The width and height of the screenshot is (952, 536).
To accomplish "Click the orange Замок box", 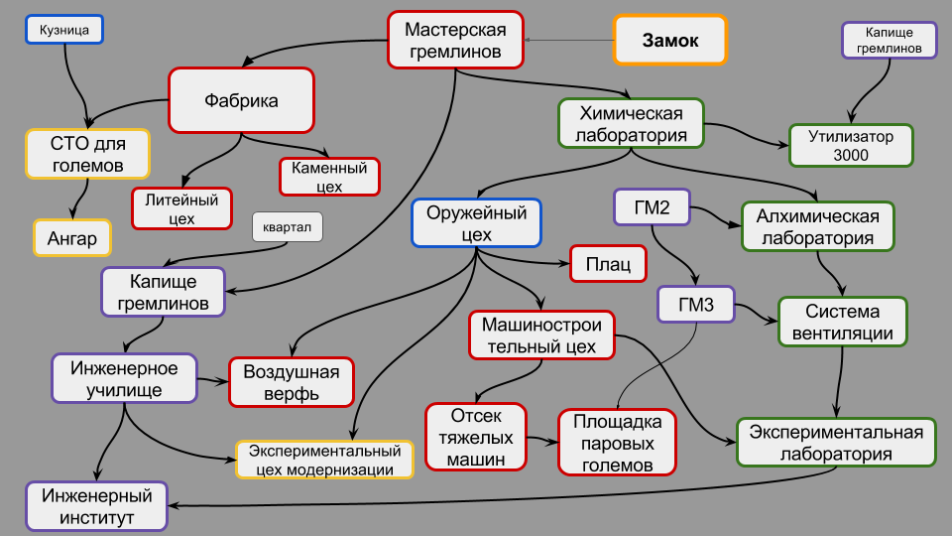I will tap(670, 40).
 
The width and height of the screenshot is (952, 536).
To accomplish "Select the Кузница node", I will tap(64, 31).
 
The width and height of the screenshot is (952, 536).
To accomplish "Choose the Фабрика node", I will tap(241, 100).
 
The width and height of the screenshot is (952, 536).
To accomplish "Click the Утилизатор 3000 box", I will tap(850, 145).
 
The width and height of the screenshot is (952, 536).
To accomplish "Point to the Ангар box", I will tap(72, 238).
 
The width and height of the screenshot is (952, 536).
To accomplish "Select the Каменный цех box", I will tap(330, 178).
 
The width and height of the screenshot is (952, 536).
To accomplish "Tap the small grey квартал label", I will tap(288, 227).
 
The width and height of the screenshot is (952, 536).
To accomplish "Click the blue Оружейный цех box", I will tap(477, 223).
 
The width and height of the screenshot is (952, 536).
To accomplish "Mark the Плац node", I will tap(608, 265).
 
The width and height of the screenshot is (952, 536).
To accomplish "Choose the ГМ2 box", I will tap(652, 208).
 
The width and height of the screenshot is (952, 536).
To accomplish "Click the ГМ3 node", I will tap(695, 305).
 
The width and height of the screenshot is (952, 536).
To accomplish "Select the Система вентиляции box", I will tap(843, 322).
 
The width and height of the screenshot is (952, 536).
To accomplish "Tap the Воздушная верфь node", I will tap(292, 382).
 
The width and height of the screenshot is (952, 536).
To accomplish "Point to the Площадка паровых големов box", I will tap(616, 442).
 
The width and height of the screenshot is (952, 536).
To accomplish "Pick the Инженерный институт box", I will tap(96, 505).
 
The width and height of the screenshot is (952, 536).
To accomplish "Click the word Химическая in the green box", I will tap(631, 112).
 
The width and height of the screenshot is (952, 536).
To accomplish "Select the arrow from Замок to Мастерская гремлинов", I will tap(569, 40).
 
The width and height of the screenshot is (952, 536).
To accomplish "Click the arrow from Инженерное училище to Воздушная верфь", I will tap(211, 380).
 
